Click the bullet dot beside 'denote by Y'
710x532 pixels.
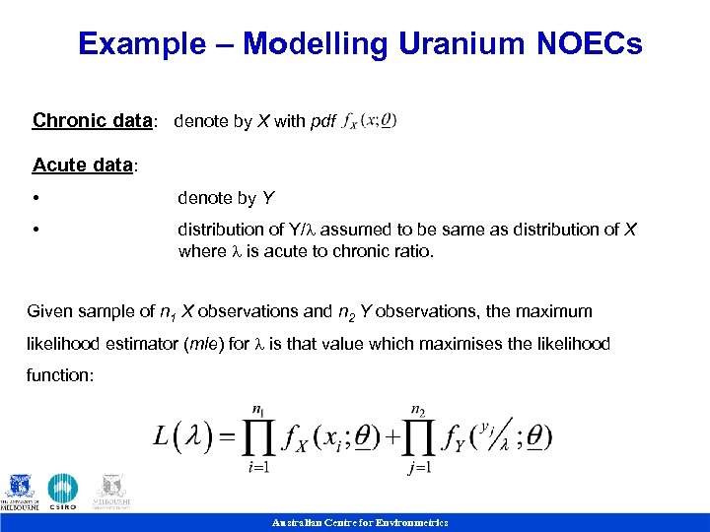point(35,199)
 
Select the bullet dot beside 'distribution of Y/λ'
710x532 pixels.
point(35,231)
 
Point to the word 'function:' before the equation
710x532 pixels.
point(60,376)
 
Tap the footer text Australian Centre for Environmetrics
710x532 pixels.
point(360,522)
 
